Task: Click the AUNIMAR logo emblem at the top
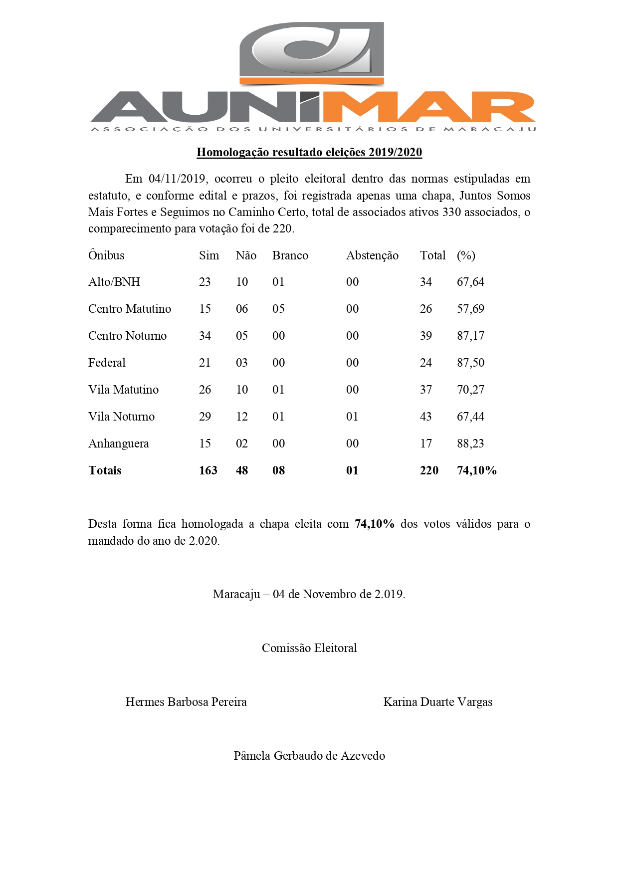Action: [312, 52]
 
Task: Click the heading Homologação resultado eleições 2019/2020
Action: [309, 152]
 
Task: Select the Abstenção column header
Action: [372, 255]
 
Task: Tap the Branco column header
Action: [290, 255]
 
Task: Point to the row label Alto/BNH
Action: [114, 282]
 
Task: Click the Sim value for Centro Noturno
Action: [205, 336]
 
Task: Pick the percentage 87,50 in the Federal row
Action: [470, 363]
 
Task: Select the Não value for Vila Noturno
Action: [242, 417]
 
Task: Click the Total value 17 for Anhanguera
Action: [426, 443]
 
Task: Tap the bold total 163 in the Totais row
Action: [208, 470]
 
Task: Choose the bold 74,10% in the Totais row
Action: [476, 470]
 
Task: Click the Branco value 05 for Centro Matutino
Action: [278, 309]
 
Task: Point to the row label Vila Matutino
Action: [123, 390]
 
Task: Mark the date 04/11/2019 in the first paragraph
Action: [177, 179]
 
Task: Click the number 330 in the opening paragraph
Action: [451, 212]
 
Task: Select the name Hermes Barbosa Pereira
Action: [186, 702]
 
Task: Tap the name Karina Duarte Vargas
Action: [437, 702]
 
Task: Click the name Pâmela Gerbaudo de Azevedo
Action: [309, 756]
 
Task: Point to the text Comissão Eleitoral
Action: [309, 648]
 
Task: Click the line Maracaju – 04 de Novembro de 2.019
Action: [309, 594]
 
